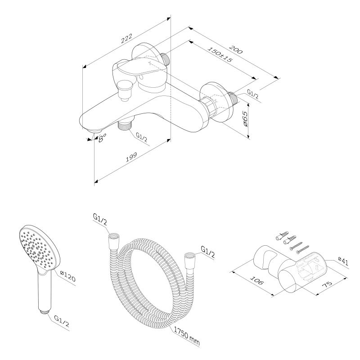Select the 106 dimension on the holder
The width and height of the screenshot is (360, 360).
point(256,283)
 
